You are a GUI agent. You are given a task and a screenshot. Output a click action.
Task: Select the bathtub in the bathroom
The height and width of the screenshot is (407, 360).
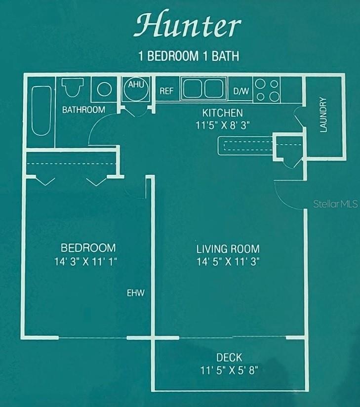[40, 111]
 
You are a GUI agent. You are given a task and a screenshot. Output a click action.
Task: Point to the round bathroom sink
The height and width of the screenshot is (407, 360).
[104, 89]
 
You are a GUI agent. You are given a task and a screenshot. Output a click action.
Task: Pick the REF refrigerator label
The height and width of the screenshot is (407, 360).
[166, 91]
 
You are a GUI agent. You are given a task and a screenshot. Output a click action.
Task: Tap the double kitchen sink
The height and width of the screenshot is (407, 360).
[203, 89]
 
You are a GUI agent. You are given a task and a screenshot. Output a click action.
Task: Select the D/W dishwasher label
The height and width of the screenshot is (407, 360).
[241, 91]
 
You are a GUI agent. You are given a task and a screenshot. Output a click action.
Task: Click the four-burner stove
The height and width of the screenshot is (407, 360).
[267, 89]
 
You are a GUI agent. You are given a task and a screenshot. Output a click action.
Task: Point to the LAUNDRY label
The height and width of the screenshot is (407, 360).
[323, 115]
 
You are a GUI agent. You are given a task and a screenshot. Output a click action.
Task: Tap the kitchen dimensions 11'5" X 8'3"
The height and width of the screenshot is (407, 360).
[222, 125]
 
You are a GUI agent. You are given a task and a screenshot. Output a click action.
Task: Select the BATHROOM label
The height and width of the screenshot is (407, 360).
[83, 110]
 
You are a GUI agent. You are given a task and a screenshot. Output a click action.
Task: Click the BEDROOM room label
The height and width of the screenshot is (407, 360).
[88, 248]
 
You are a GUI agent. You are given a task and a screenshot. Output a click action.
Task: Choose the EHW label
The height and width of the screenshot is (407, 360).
[135, 293]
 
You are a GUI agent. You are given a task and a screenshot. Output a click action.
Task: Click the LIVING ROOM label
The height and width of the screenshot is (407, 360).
[228, 249]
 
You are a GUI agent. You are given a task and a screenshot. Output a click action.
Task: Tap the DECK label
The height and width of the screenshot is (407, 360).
[229, 358]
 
